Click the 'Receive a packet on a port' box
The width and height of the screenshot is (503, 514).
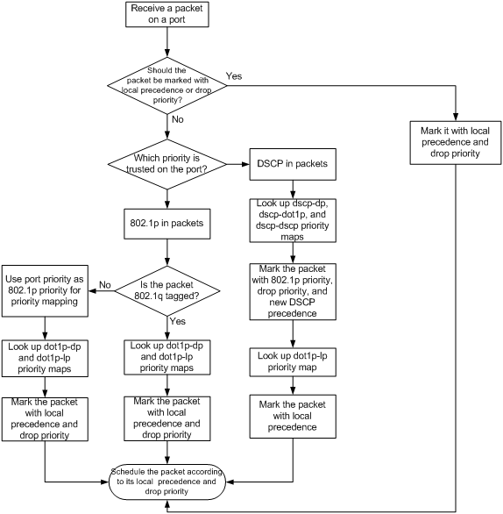(x=167, y=14)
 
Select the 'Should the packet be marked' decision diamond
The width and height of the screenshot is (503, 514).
(x=167, y=86)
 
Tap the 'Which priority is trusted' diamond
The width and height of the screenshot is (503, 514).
(x=167, y=164)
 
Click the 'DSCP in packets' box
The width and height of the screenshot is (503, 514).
(x=293, y=164)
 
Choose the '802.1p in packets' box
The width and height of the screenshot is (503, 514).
(x=167, y=224)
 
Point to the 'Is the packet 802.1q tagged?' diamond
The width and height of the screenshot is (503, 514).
(x=167, y=290)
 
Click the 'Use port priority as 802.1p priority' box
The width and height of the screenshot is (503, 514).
(x=45, y=290)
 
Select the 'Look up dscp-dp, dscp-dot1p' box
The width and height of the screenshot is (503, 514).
(x=293, y=220)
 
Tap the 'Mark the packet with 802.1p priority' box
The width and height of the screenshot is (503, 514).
(x=293, y=291)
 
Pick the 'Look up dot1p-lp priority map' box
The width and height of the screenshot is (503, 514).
(x=293, y=362)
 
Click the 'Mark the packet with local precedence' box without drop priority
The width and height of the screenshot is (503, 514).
(x=293, y=417)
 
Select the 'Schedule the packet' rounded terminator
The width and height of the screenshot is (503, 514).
(x=167, y=482)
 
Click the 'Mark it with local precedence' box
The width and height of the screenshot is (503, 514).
(x=456, y=143)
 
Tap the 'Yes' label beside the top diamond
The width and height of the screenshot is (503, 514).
(x=234, y=76)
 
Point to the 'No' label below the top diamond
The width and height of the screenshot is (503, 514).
(x=178, y=119)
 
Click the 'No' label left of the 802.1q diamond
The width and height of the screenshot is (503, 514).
(x=105, y=285)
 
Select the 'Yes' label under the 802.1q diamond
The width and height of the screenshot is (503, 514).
(x=178, y=321)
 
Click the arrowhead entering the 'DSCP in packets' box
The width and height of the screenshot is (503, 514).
(x=245, y=164)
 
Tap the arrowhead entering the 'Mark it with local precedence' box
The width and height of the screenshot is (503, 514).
(x=456, y=117)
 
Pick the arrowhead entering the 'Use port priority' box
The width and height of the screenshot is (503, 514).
(x=92, y=290)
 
